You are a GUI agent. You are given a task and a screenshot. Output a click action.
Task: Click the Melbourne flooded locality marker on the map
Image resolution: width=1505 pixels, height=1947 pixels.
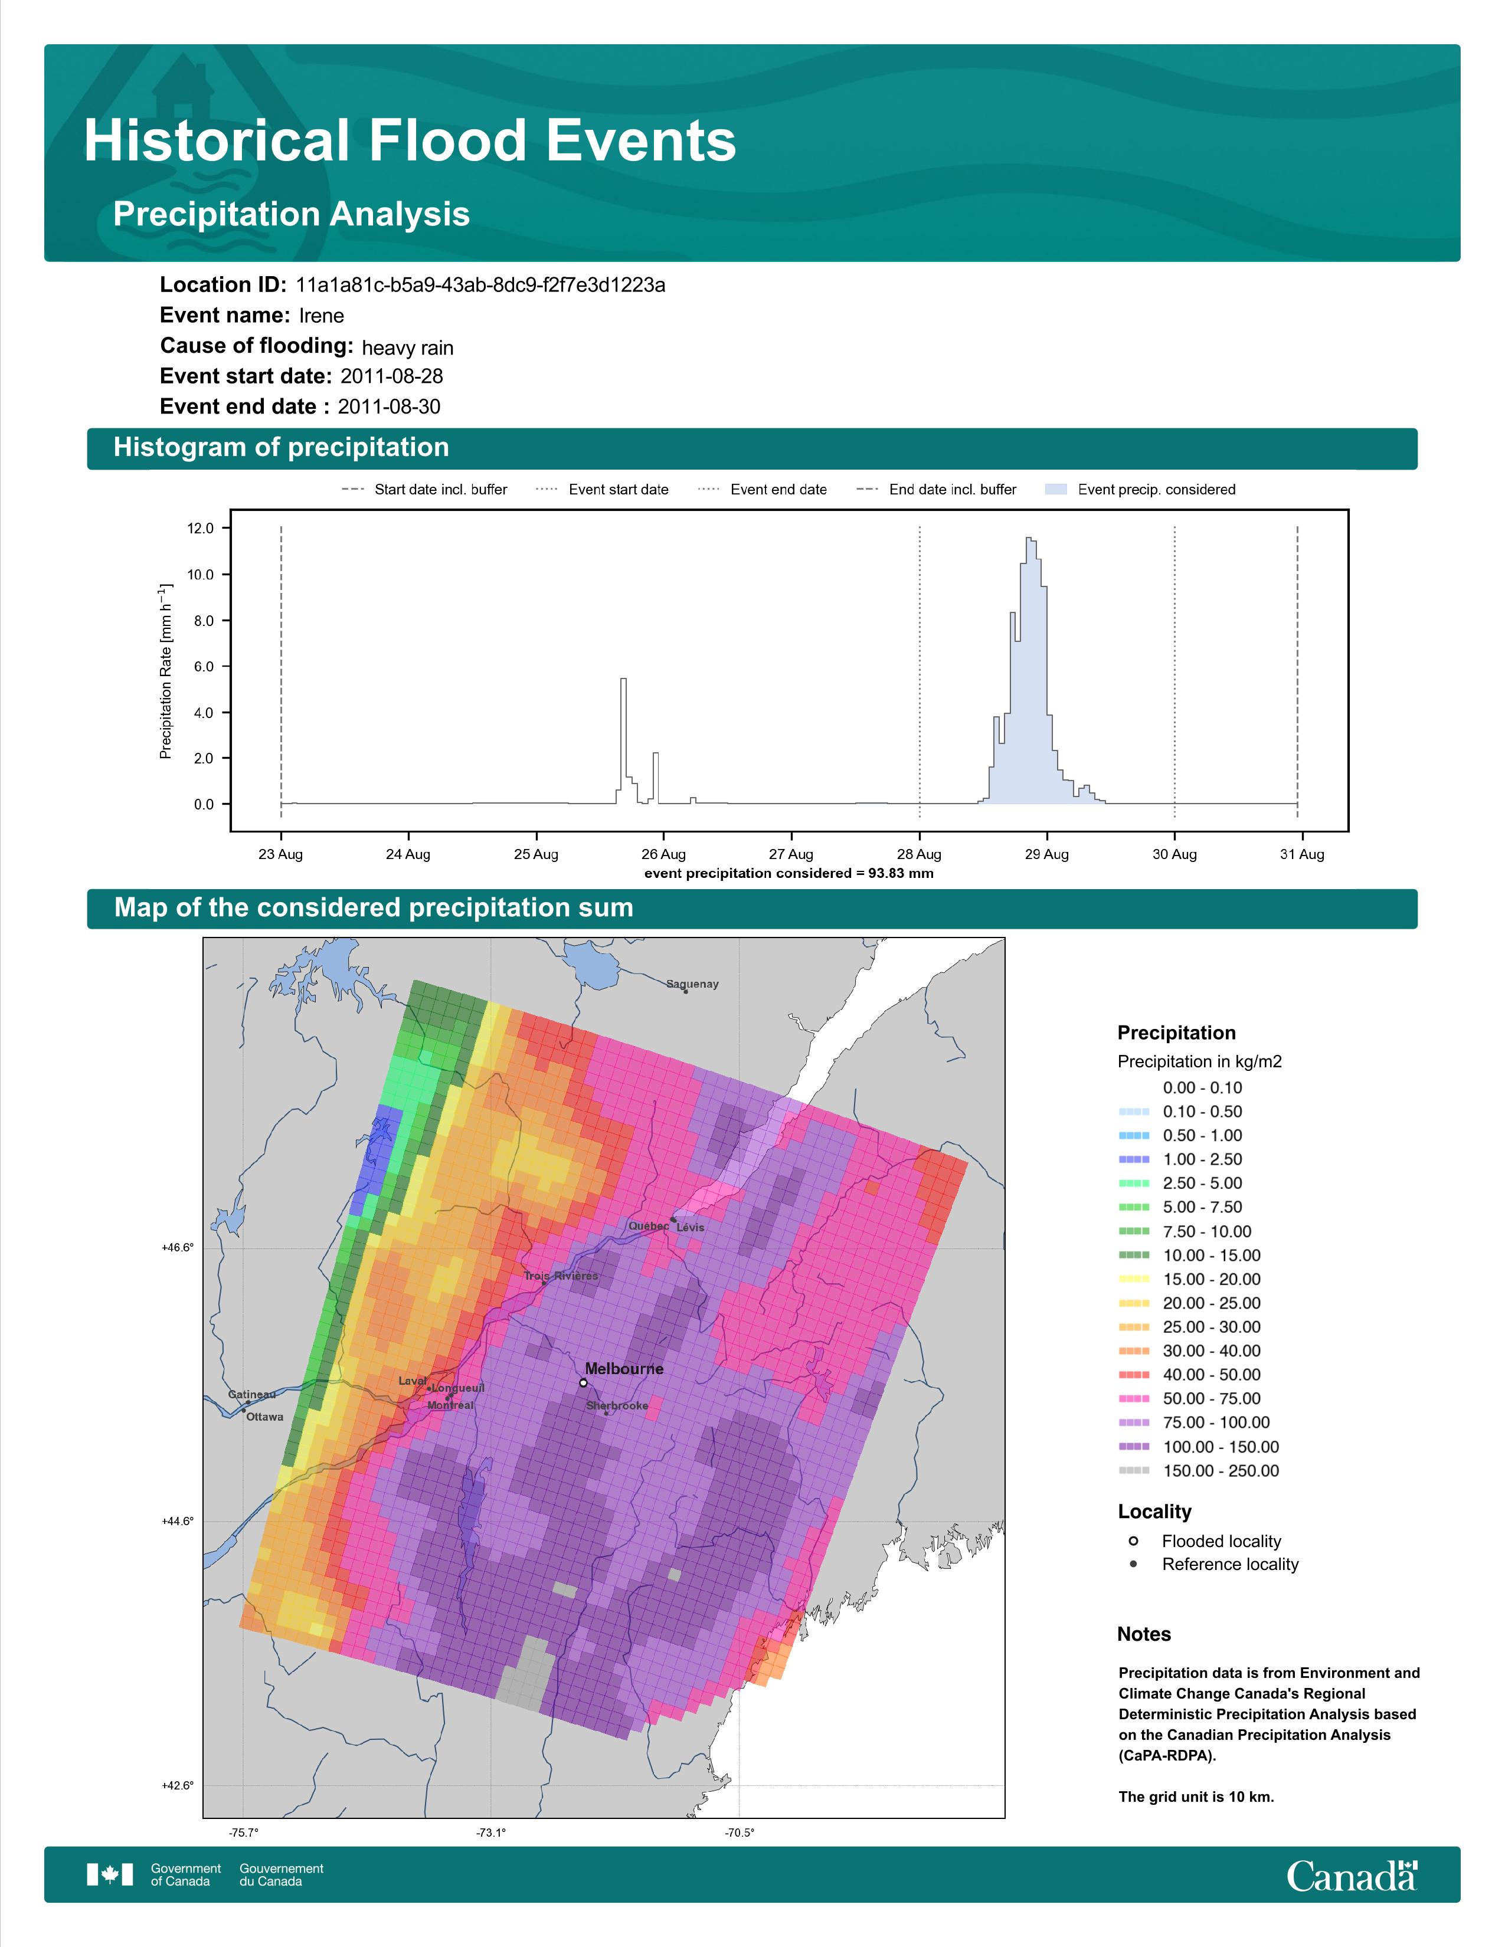583,1383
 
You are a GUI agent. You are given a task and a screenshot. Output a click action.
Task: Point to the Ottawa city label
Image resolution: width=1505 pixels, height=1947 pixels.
265,1417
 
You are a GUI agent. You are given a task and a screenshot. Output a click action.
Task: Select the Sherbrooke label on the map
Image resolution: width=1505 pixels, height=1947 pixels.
617,1406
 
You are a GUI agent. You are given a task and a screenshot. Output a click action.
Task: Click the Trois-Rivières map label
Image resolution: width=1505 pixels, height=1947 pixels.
561,1276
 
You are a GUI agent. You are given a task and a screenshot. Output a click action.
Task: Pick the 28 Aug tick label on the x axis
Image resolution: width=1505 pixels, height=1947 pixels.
919,854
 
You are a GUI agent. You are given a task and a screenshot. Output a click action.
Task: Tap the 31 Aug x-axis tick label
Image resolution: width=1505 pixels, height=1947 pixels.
1302,854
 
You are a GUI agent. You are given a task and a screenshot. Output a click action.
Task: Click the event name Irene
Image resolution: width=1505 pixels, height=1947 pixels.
321,316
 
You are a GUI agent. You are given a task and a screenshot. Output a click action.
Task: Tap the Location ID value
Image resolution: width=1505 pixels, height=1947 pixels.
480,286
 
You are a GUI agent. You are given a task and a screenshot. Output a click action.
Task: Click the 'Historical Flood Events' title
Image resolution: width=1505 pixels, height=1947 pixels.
410,141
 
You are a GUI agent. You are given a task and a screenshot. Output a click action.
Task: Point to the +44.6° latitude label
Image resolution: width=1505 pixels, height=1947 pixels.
178,1521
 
